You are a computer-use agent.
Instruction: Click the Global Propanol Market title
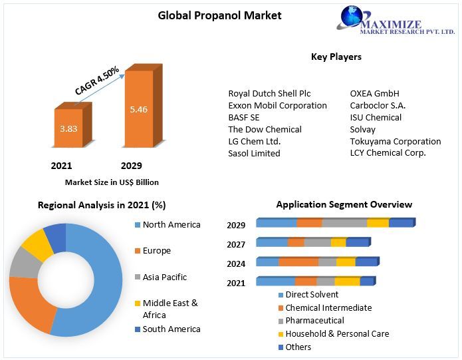(219, 15)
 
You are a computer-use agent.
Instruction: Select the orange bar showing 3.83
(68, 128)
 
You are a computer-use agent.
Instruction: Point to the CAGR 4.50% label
(97, 80)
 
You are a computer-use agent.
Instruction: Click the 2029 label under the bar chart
(131, 166)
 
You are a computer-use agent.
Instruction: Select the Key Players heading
(336, 57)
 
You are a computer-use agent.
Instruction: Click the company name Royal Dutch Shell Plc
(269, 94)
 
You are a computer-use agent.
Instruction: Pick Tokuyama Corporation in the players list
(395, 142)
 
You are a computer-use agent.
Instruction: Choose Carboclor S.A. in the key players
(378, 106)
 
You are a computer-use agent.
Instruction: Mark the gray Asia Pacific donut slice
(23, 264)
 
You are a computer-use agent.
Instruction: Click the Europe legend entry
(156, 251)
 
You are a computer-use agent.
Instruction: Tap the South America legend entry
(171, 329)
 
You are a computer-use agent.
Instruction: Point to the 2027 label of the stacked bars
(236, 244)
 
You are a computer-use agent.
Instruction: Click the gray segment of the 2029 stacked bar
(344, 223)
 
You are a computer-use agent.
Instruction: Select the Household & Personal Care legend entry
(338, 334)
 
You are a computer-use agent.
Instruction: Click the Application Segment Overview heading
(344, 205)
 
